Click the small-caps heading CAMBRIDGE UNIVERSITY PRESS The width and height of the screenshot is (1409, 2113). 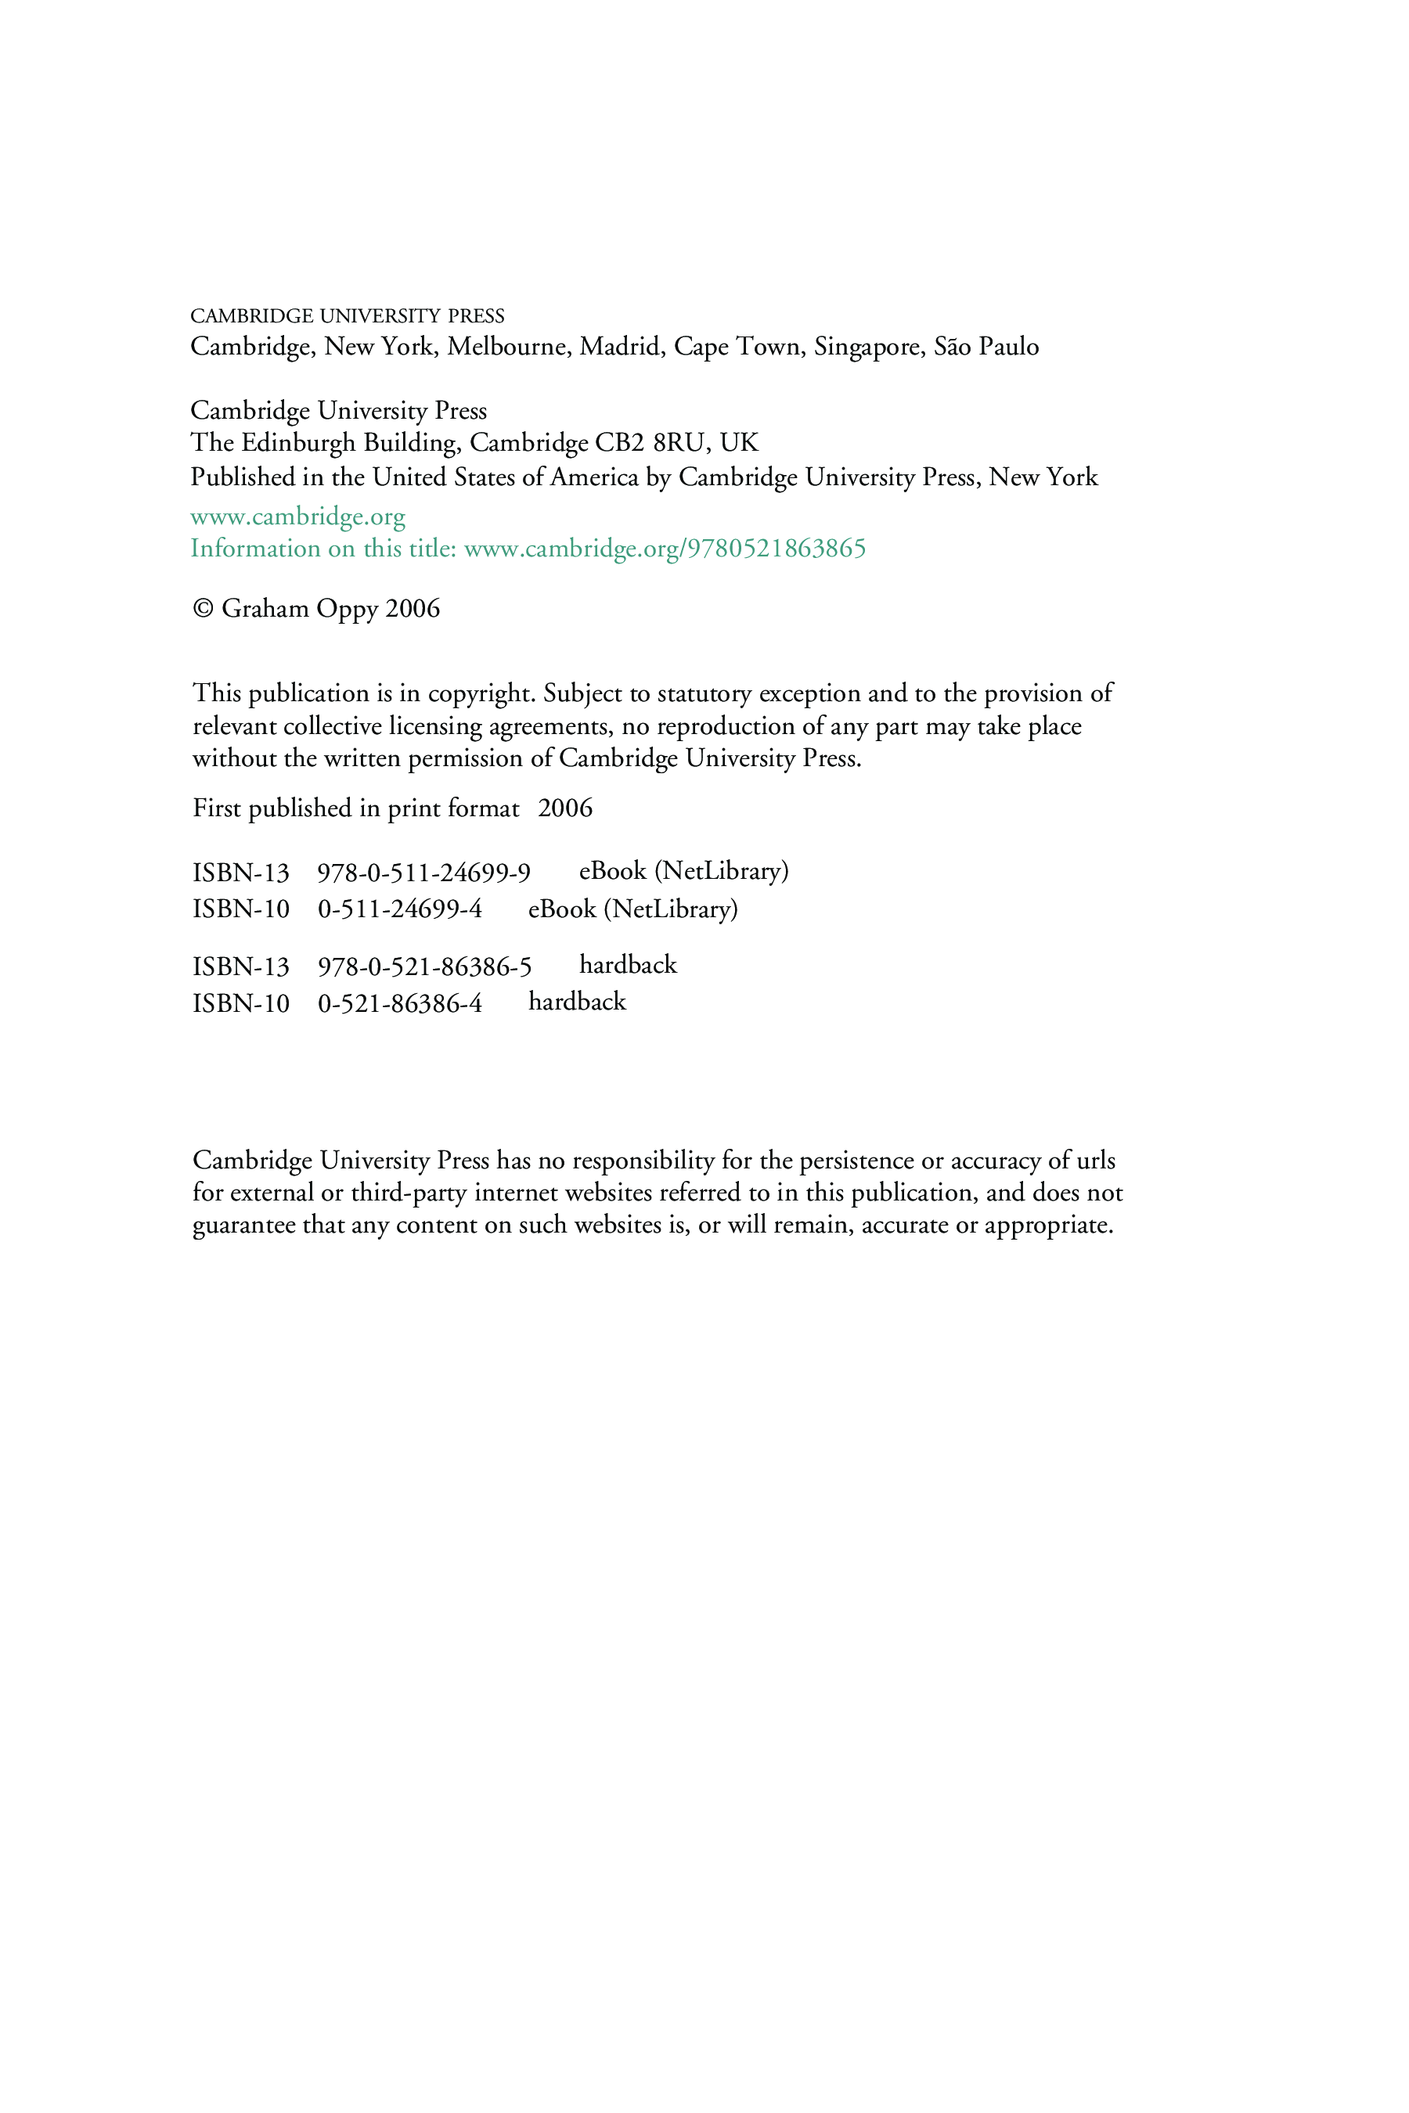[347, 316]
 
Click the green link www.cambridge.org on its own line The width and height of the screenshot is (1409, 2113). [297, 517]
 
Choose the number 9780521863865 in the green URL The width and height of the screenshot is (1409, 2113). [776, 549]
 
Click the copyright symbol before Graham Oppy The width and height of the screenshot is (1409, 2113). [203, 609]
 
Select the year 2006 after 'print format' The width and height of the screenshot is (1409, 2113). [565, 808]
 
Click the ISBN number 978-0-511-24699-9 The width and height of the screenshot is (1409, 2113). [423, 873]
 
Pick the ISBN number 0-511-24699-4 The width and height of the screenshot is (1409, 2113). [400, 909]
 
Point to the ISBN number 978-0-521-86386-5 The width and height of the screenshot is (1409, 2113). [424, 967]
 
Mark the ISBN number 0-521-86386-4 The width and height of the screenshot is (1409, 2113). [400, 1003]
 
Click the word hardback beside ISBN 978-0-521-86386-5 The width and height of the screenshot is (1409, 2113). [627, 965]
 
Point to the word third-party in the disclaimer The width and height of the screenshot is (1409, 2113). [408, 1193]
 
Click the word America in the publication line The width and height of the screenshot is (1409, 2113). [593, 477]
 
